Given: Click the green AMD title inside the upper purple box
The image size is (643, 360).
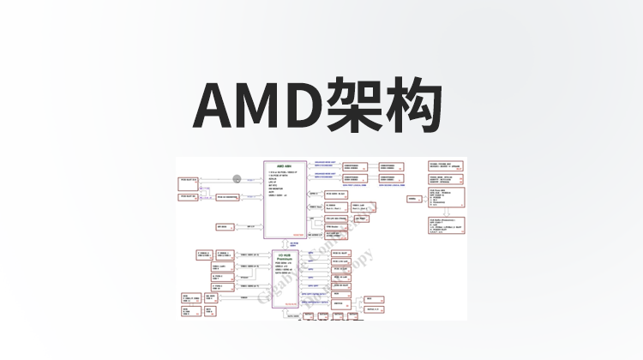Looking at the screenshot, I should pyautogui.click(x=283, y=165).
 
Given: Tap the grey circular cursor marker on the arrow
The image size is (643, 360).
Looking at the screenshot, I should pyautogui.click(x=237, y=180).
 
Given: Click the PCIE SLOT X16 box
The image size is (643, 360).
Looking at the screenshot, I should pyautogui.click(x=189, y=181).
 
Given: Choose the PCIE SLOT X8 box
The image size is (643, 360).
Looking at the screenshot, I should pyautogui.click(x=189, y=196).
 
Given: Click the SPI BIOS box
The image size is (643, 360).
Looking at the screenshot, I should pyautogui.click(x=222, y=227).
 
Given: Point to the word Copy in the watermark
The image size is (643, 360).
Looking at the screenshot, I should pyautogui.click(x=358, y=261).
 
